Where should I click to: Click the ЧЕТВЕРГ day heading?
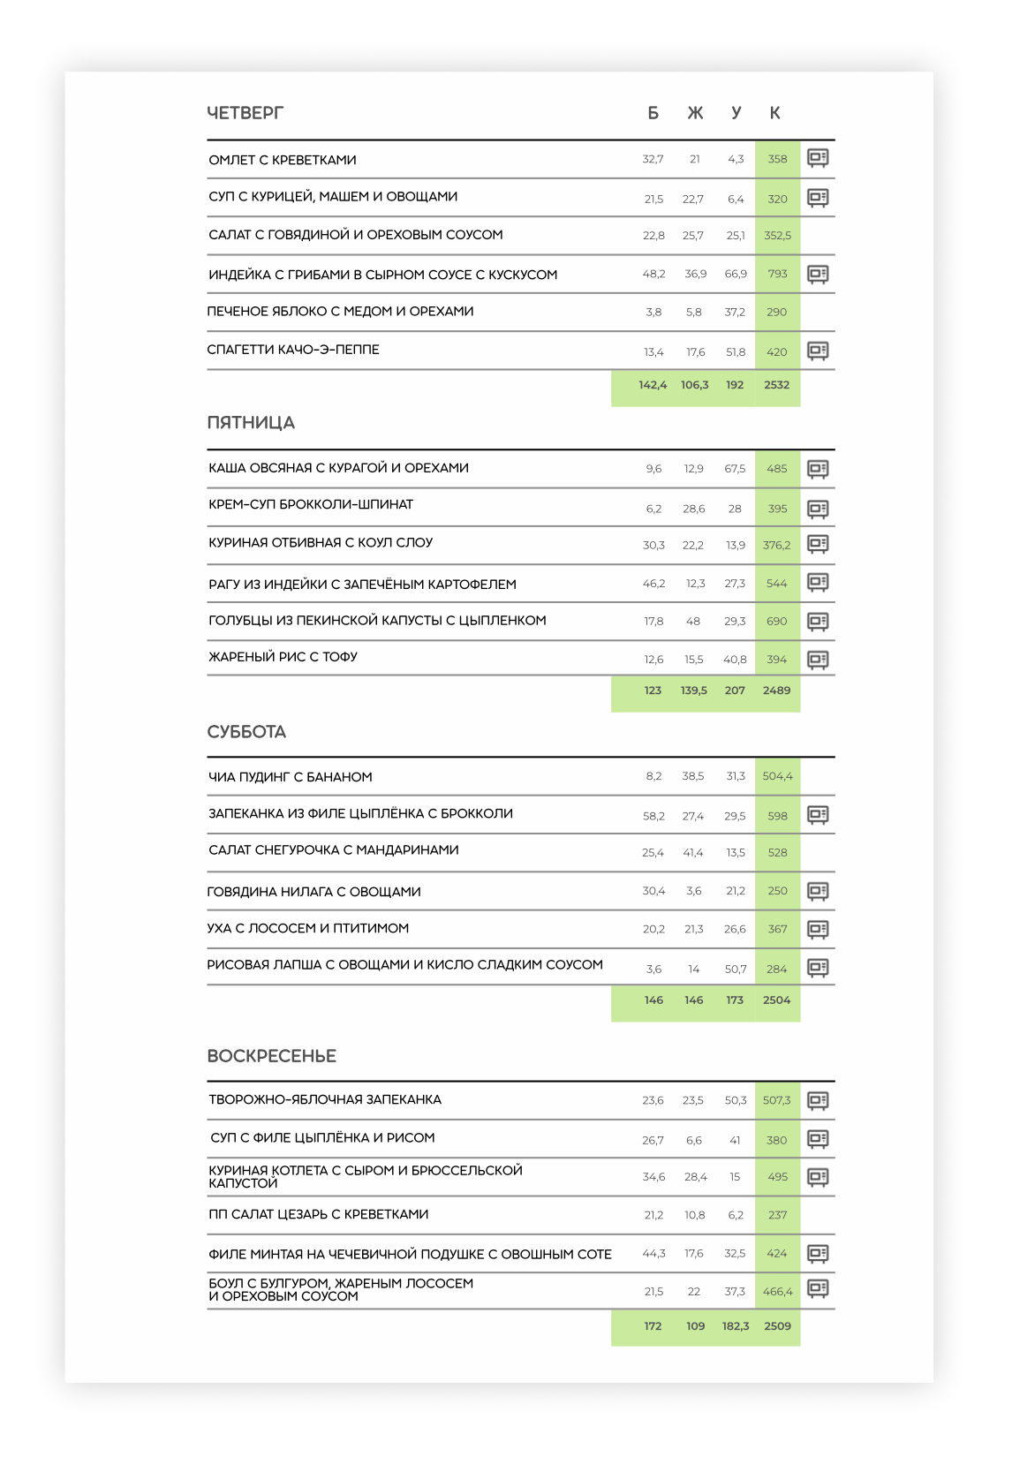(x=245, y=113)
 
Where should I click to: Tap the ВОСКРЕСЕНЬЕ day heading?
(x=271, y=1056)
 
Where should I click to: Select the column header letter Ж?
(x=695, y=113)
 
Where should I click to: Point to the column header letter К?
(x=774, y=113)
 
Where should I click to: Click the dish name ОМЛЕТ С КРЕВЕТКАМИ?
(x=283, y=160)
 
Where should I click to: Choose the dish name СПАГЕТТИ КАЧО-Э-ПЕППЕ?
(x=293, y=350)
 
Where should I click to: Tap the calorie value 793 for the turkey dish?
(x=777, y=274)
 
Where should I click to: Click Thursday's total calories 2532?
(x=777, y=385)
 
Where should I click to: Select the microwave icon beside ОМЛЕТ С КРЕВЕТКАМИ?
(x=818, y=159)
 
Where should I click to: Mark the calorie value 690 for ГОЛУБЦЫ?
(x=777, y=622)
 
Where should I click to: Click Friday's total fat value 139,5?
(x=694, y=690)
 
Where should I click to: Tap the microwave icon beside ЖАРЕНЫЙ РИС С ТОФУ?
(x=818, y=660)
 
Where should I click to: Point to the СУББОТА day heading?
(x=246, y=732)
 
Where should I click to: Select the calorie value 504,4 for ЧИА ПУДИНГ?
(x=778, y=776)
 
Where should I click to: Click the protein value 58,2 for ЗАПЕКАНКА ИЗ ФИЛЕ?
(x=653, y=816)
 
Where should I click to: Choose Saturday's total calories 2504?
(x=777, y=1000)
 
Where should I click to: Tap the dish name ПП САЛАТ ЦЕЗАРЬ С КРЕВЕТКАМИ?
(x=318, y=1214)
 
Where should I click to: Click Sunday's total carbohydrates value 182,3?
(x=736, y=1326)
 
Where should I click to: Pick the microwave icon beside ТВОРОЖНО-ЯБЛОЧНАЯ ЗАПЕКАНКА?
(x=818, y=1100)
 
